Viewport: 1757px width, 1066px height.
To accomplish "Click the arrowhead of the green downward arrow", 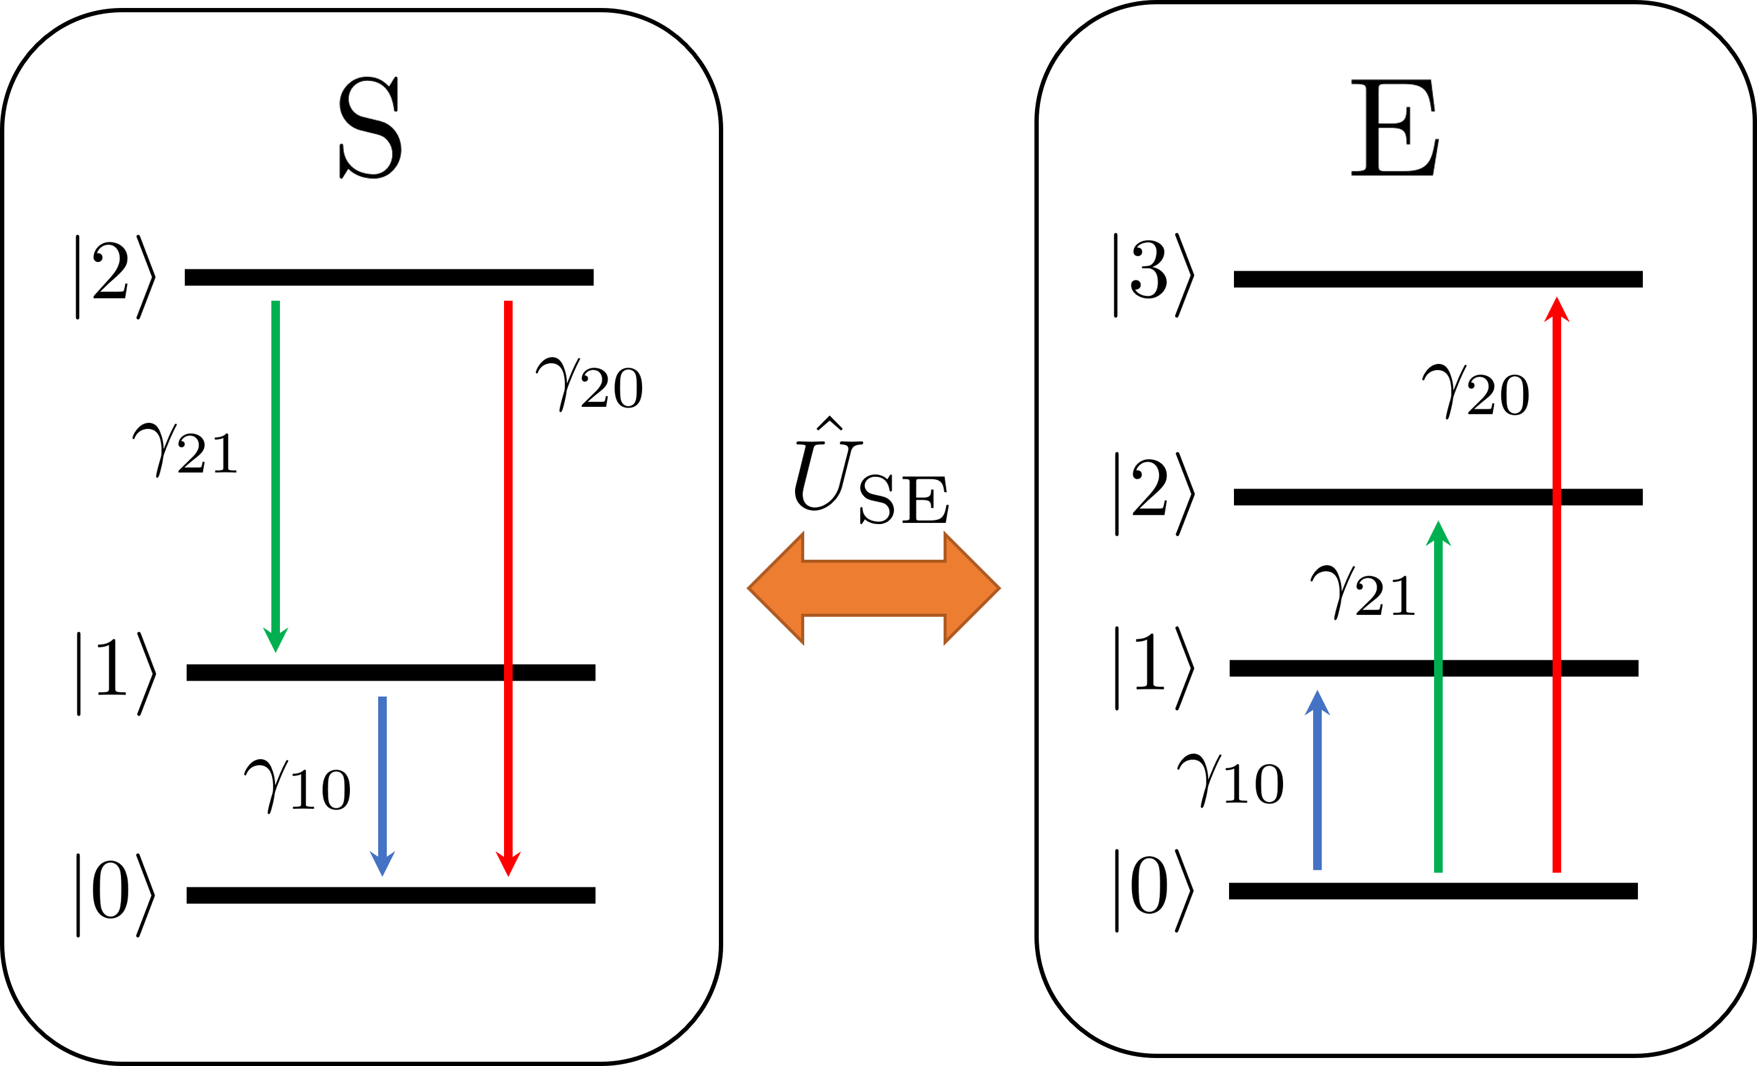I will pos(275,641).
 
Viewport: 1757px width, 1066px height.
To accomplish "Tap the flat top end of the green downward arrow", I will pos(275,303).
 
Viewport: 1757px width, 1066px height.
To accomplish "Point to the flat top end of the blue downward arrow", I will pos(382,700).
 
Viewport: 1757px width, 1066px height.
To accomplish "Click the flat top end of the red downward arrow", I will pos(508,303).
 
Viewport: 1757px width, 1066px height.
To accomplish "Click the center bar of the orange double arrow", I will pos(874,589).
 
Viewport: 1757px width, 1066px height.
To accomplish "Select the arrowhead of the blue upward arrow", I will pos(1317,704).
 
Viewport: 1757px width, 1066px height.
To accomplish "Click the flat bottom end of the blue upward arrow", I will pos(1317,867).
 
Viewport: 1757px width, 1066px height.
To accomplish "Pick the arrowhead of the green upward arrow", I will pos(1438,534).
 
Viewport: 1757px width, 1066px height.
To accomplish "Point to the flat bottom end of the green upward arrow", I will pos(1438,869).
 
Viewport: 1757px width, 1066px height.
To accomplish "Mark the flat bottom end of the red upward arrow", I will pos(1557,869).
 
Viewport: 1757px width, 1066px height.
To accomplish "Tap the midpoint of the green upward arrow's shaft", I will pos(1438,706).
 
